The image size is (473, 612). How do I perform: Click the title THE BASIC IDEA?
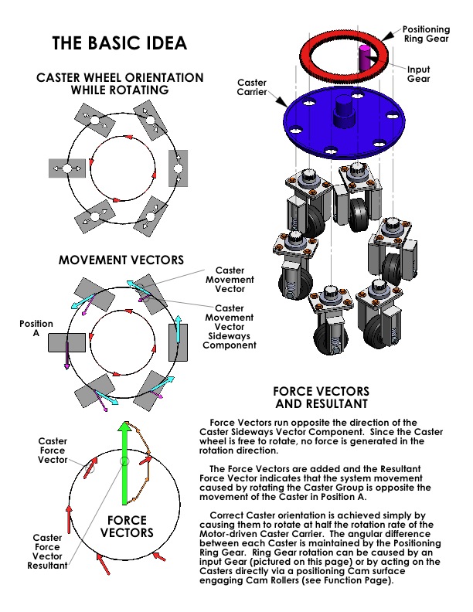pyautogui.click(x=119, y=43)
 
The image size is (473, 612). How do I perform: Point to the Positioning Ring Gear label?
pyautogui.click(x=424, y=35)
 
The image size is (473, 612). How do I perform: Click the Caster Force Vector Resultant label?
pyautogui.click(x=47, y=551)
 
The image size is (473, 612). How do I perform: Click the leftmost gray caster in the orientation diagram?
pyautogui.click(x=66, y=168)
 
